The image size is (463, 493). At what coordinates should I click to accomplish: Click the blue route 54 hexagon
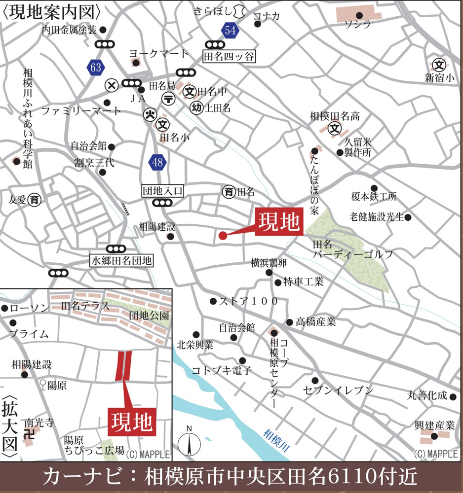coord(230,31)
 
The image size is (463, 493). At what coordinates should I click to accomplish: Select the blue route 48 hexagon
coord(157,162)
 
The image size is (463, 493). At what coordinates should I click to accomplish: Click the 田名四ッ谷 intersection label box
coord(230,57)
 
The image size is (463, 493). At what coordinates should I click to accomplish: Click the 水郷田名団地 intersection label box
coord(121,260)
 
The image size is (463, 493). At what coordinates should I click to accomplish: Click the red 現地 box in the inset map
coord(132,422)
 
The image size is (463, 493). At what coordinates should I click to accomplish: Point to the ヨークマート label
coord(159,54)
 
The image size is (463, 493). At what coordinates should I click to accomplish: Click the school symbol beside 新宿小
coord(438,65)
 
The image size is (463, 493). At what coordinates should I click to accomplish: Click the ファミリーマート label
coord(81,110)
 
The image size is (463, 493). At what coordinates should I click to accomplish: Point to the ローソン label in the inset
coord(30,308)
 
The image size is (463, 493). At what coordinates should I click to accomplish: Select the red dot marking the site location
coord(223,236)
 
